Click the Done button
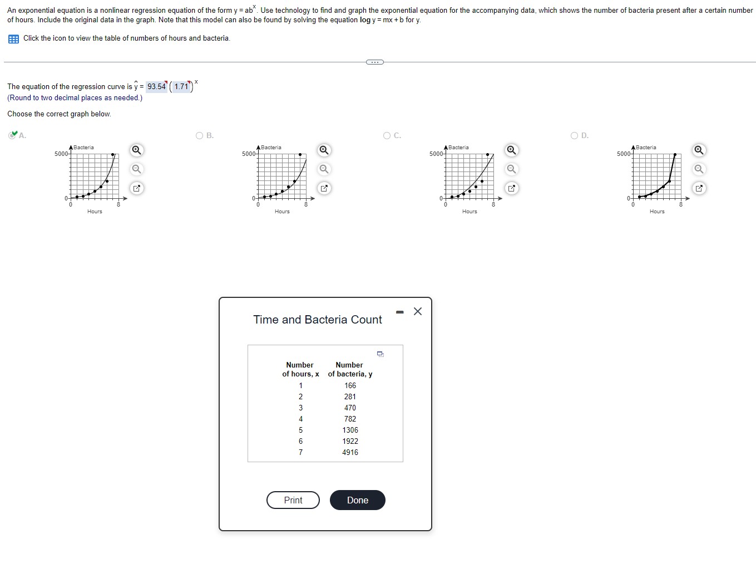(x=357, y=500)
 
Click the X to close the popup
(x=418, y=311)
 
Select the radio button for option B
(x=200, y=135)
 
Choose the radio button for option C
(x=387, y=135)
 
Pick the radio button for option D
(x=575, y=135)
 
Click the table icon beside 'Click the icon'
(x=13, y=38)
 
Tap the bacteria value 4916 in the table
(x=350, y=452)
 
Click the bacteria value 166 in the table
(x=350, y=385)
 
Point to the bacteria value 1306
(x=350, y=430)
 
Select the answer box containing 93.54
(x=156, y=86)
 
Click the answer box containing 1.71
(x=181, y=86)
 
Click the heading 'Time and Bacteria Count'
(x=318, y=320)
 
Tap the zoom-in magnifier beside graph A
(x=136, y=150)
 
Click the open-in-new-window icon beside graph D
(x=699, y=188)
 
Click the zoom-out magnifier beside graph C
(x=511, y=169)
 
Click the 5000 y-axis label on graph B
(x=249, y=154)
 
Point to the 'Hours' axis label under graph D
(x=657, y=212)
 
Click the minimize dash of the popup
(x=399, y=312)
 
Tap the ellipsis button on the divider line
(x=375, y=62)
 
